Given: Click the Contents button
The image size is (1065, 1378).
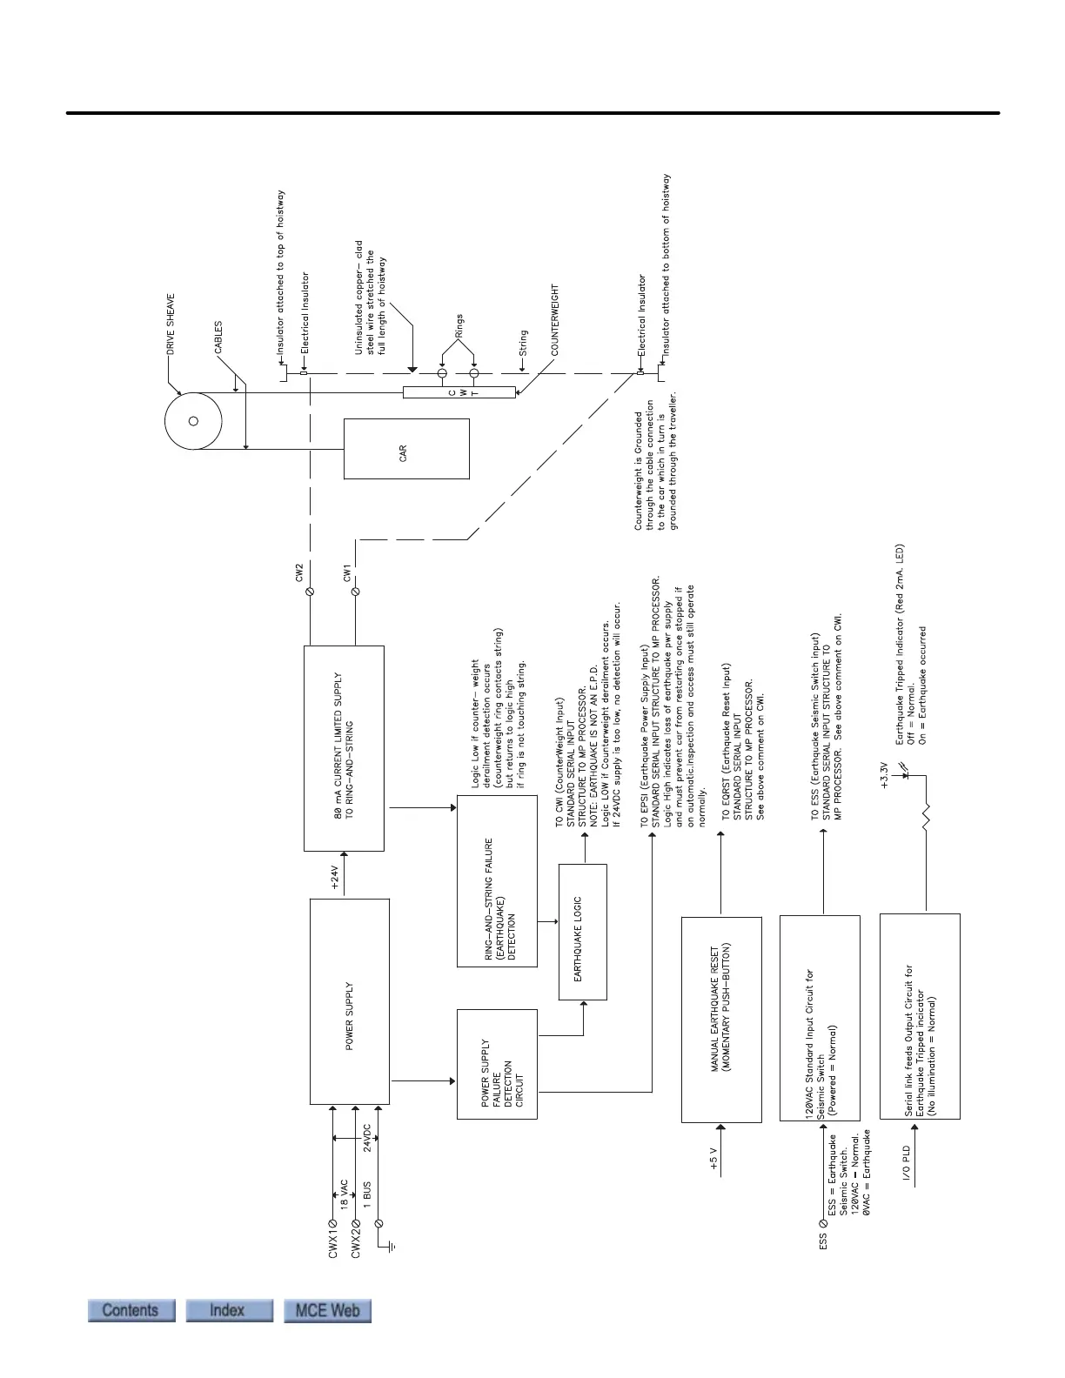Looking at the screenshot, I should tap(131, 1310).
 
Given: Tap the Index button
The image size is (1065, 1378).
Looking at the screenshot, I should tap(227, 1310).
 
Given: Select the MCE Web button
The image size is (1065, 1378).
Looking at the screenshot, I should tap(327, 1310).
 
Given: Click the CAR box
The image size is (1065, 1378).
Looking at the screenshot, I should tap(406, 449).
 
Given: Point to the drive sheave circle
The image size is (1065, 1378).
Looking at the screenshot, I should tap(193, 421).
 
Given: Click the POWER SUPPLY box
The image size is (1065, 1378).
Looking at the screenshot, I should tap(349, 1000).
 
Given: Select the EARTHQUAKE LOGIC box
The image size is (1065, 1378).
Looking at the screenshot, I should tap(582, 932).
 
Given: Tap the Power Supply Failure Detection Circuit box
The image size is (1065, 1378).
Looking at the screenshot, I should tap(497, 1064).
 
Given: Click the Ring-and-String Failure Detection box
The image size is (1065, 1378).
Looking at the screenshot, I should tap(497, 881).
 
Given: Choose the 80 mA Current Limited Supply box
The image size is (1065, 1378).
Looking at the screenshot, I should tap(344, 748).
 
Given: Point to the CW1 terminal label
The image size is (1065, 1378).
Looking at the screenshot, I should tap(347, 572).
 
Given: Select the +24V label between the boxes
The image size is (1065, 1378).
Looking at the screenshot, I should tap(336, 875).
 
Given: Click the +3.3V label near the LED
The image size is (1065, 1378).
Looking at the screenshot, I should tap(884, 775).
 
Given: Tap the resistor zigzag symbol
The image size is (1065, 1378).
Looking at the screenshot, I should tap(926, 818).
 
